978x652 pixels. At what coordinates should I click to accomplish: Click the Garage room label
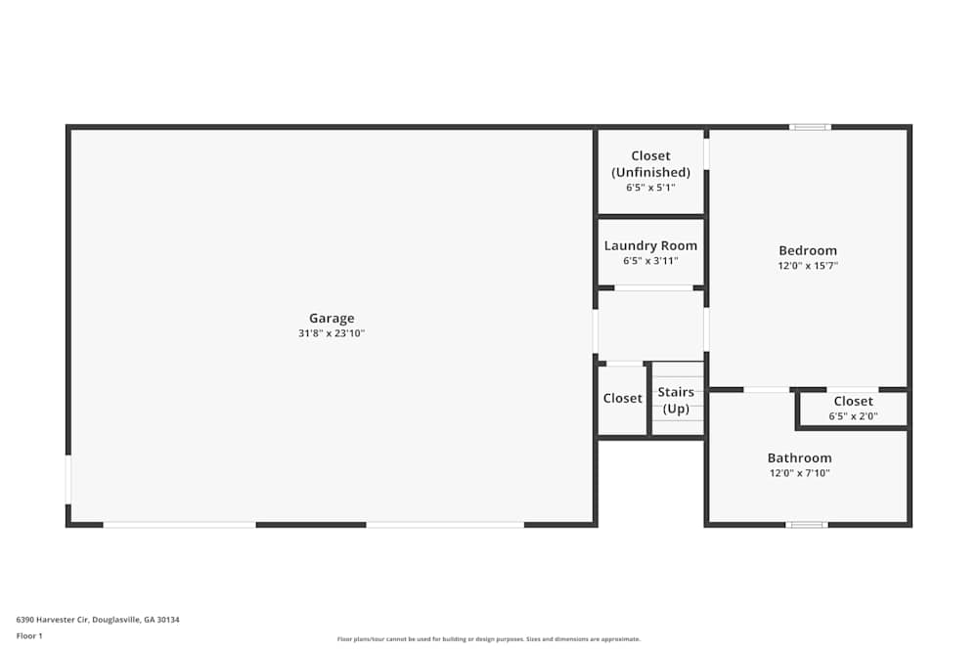[x=332, y=318]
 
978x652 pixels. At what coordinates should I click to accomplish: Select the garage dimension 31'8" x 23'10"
[x=332, y=333]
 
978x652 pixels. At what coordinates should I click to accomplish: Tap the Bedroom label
[x=808, y=250]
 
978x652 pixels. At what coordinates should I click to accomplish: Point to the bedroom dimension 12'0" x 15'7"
[x=808, y=265]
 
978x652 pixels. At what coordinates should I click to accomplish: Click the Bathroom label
[x=799, y=457]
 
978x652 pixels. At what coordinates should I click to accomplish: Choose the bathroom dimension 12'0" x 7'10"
[x=799, y=473]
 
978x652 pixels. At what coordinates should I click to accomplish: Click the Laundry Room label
[x=650, y=245]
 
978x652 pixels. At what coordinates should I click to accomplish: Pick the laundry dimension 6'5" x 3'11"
[x=650, y=261]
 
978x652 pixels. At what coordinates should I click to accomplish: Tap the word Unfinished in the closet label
[x=650, y=172]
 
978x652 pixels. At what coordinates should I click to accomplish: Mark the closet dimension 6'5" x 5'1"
[x=650, y=187]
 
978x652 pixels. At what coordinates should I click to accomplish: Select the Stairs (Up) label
[x=676, y=400]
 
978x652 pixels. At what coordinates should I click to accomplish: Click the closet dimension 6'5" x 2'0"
[x=853, y=416]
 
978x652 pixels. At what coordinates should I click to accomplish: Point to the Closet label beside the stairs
[x=622, y=398]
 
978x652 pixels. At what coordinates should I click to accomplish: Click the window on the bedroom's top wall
[x=810, y=127]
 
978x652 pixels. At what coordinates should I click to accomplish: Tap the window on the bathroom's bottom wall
[x=807, y=525]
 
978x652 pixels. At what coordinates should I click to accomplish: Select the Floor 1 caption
[x=29, y=635]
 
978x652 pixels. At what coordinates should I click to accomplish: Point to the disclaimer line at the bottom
[x=489, y=639]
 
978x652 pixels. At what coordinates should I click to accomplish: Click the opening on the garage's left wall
[x=68, y=479]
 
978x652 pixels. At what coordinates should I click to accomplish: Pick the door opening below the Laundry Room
[x=653, y=287]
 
